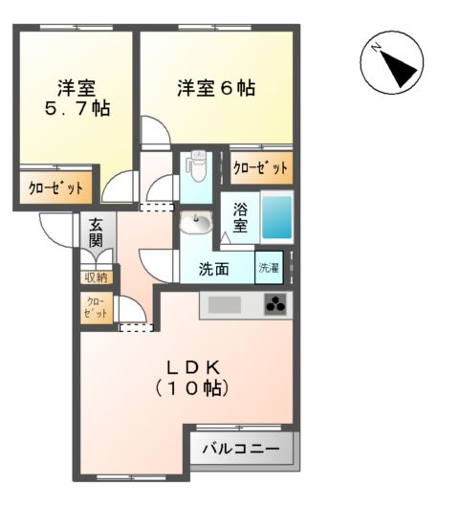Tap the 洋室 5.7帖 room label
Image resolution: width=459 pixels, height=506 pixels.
[x=76, y=99]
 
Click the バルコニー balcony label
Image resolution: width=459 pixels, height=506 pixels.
[x=241, y=449]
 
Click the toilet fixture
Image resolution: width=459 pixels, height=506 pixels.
[x=197, y=169]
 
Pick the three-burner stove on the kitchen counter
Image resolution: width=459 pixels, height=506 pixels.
[x=276, y=306]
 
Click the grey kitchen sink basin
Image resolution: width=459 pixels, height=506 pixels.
[x=226, y=306]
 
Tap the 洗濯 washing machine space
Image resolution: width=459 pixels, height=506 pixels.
[x=270, y=269]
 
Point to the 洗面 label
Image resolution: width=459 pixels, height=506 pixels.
[x=213, y=270]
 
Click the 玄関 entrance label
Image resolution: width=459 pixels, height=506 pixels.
[x=96, y=234]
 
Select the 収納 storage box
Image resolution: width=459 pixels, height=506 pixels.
[x=96, y=277]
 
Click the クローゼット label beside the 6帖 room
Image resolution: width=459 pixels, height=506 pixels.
[x=260, y=168]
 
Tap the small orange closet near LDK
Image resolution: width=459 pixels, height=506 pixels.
[x=96, y=307]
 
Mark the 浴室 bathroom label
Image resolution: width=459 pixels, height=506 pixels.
[x=241, y=218]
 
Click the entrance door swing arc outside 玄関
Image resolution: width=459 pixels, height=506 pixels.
[x=55, y=227]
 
